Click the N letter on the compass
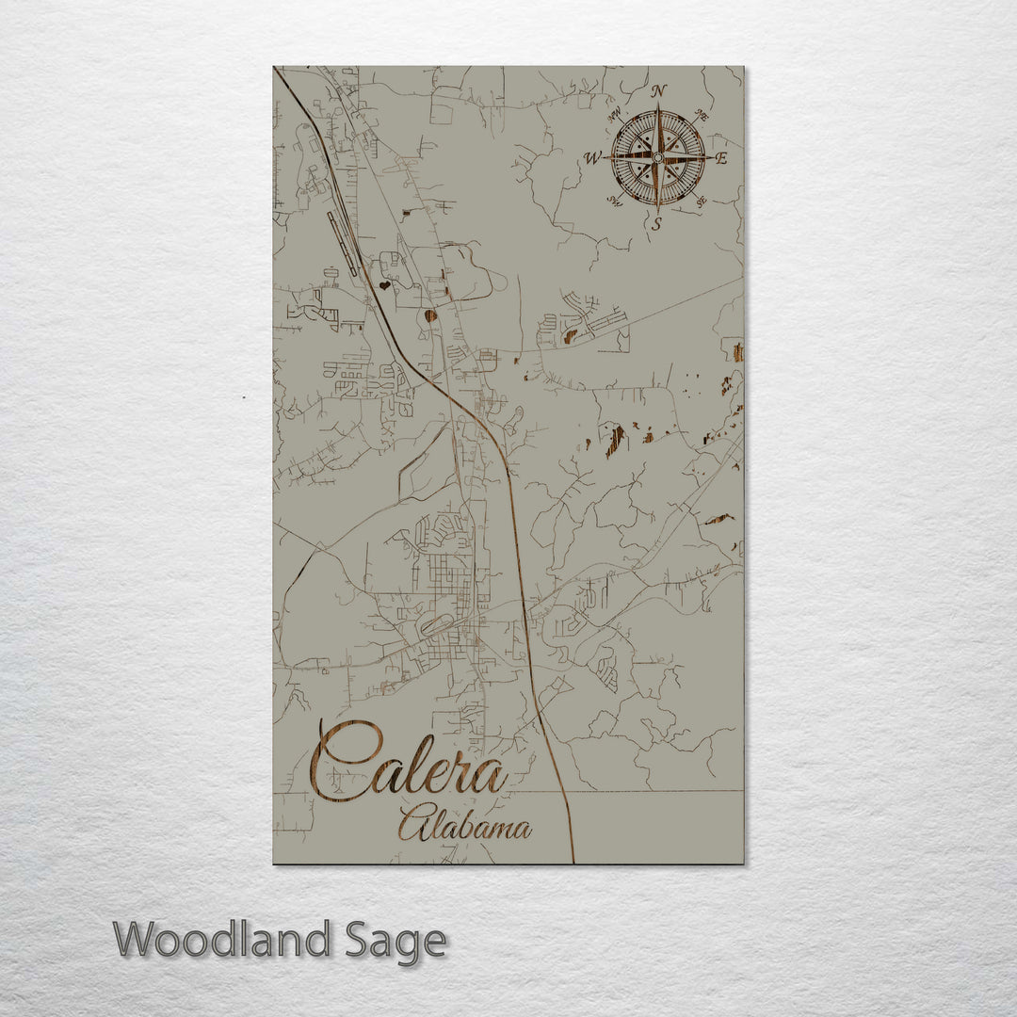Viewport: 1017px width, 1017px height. (658, 90)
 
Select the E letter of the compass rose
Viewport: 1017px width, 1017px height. (721, 158)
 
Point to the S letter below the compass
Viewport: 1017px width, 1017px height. (657, 223)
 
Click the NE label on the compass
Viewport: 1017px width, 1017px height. (701, 115)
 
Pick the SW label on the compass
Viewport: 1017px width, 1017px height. (615, 200)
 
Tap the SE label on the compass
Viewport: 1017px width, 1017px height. (701, 200)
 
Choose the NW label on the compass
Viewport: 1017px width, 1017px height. (615, 116)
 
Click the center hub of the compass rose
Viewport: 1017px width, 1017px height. (657, 157)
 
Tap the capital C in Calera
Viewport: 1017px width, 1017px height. (344, 761)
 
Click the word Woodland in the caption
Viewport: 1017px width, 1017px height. (222, 940)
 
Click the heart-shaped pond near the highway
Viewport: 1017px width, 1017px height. (384, 284)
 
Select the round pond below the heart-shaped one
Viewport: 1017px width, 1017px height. (430, 316)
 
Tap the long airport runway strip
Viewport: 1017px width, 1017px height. (342, 243)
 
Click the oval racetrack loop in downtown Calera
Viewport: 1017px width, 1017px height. (435, 623)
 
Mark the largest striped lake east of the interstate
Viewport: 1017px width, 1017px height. (615, 439)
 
